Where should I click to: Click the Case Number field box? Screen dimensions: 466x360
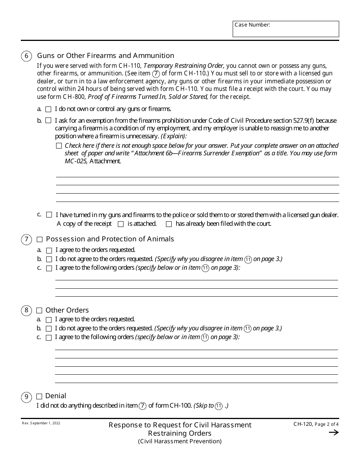pos(286,29)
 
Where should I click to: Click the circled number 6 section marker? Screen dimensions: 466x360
pos(26,56)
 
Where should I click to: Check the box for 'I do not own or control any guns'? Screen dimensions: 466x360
pos(48,109)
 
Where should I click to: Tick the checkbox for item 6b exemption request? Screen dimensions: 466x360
pos(48,121)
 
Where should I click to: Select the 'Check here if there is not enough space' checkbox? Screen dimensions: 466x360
pos(59,146)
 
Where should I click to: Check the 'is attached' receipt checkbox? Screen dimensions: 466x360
pos(121,224)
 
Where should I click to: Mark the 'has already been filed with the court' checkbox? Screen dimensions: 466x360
pos(169,224)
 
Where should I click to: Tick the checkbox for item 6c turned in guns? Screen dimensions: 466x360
pos(49,215)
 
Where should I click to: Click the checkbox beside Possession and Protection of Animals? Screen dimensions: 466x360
pos(39,239)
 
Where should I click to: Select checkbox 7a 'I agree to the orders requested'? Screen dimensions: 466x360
pos(49,250)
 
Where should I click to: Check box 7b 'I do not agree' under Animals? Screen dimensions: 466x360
pos(49,260)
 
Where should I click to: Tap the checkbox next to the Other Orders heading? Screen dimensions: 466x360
pos(39,311)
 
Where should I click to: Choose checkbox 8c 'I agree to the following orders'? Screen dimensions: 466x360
pos(49,338)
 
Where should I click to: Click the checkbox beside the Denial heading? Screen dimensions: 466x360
pos(39,397)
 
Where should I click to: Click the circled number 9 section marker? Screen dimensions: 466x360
pos(26,397)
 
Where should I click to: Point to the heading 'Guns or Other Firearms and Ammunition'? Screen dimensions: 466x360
pos(106,56)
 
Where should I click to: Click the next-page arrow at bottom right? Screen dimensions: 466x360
pos(333,433)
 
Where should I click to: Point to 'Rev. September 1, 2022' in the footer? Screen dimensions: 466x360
pos(41,423)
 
